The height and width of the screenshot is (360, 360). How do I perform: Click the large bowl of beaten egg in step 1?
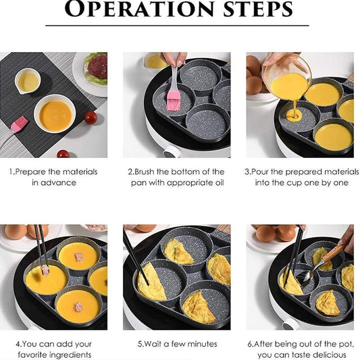pos(55,115)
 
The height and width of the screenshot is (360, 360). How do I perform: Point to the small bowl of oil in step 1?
pos(28,82)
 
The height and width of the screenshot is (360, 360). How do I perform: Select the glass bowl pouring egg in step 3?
pos(287,77)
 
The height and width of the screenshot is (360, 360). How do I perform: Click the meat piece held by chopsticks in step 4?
pos(45,270)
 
